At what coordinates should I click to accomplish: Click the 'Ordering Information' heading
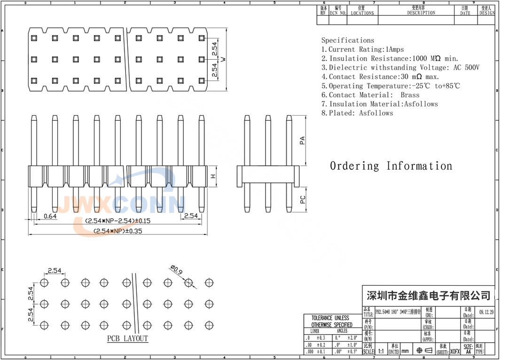tap(391, 166)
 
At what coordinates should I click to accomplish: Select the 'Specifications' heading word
tap(348, 40)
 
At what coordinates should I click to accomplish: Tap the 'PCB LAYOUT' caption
tap(127, 339)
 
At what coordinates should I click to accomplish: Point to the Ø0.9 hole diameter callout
tap(176, 271)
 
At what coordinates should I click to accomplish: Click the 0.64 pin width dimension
tap(50, 216)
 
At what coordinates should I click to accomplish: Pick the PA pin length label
tap(303, 141)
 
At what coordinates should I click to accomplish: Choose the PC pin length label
tap(303, 199)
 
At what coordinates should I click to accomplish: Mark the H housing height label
tap(213, 176)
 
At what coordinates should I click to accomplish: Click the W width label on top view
tap(224, 59)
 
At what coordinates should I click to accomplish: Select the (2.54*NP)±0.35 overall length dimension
tap(118, 231)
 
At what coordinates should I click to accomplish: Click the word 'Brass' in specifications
tap(410, 95)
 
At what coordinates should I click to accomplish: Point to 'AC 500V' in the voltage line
tap(466, 68)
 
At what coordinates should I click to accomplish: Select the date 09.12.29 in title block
tap(486, 311)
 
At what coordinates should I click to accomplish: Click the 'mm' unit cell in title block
tap(405, 351)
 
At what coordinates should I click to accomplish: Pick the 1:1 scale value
tap(381, 351)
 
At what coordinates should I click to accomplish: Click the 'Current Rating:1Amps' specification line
tap(362, 49)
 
